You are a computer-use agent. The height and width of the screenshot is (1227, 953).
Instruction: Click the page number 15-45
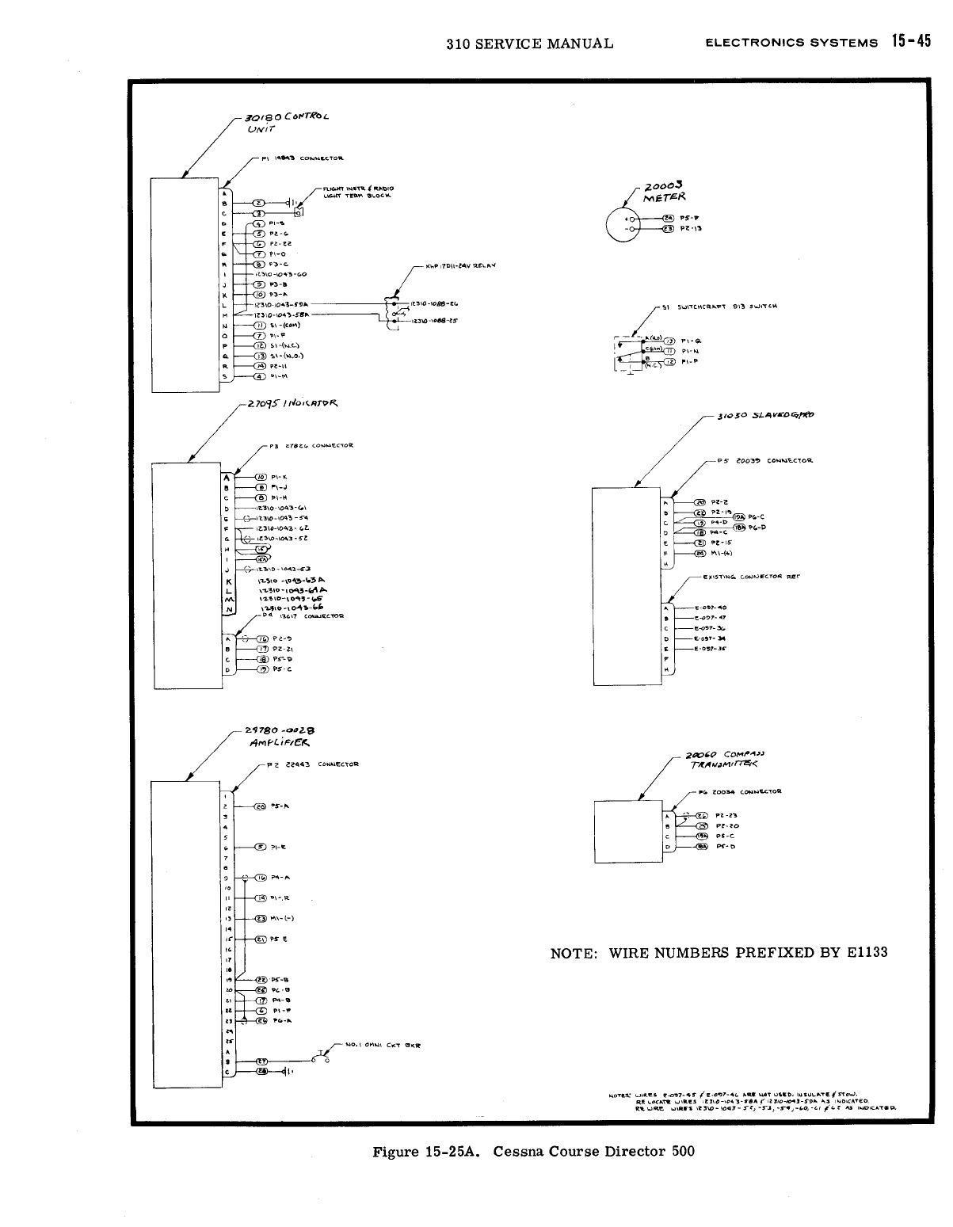coord(910,42)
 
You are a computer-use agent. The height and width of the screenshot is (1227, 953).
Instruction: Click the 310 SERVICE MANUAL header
coord(529,44)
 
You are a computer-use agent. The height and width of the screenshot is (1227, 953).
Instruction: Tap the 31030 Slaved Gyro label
coord(764,415)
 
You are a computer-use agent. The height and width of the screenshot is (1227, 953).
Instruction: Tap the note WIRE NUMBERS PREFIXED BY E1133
coord(719,952)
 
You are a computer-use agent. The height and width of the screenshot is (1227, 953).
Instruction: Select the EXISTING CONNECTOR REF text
coord(751,577)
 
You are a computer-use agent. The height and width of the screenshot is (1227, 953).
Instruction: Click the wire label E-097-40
coord(710,608)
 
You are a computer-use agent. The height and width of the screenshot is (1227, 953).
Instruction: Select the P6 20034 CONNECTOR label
coord(740,791)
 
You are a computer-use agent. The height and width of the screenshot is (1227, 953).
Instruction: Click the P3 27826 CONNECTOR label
coord(311,446)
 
